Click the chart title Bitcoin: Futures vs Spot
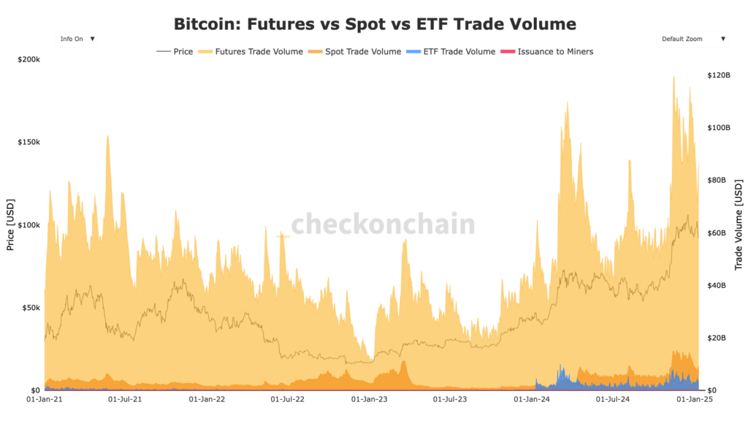click(374, 23)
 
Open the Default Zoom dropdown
click(692, 39)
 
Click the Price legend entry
click(175, 52)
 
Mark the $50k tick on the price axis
click(30, 308)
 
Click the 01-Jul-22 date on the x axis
click(288, 400)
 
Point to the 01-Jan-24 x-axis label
click(532, 400)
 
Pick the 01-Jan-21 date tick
click(44, 400)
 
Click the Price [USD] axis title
click(10, 224)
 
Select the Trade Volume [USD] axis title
click(738, 224)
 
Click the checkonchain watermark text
click(383, 224)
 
